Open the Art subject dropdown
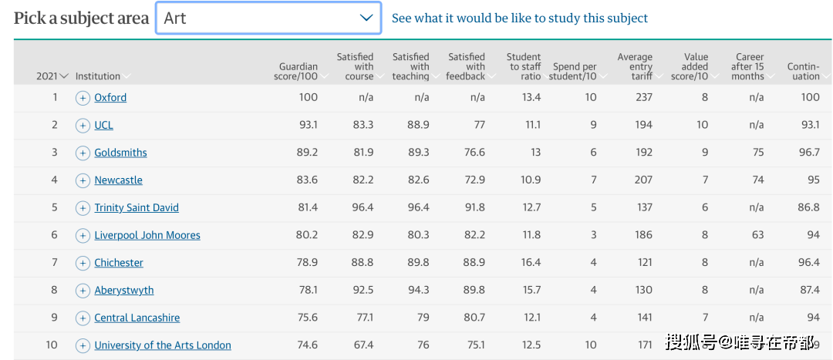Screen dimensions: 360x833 point(268,18)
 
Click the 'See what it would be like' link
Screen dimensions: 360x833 point(519,18)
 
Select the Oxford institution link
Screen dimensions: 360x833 point(110,98)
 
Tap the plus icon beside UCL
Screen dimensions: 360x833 point(83,126)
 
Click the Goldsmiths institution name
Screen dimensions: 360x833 point(120,153)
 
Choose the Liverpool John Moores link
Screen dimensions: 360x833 point(147,235)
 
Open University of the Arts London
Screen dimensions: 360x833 point(163,345)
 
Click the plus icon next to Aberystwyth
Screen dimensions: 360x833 point(83,291)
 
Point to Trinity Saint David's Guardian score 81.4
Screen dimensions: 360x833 point(308,207)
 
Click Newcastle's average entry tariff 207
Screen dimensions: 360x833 point(643,180)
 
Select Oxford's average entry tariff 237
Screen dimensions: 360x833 point(643,97)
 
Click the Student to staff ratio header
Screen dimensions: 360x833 point(524,66)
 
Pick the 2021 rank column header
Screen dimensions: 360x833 point(52,76)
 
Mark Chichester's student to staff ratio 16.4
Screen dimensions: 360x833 point(531,263)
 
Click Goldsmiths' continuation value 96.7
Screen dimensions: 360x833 point(809,153)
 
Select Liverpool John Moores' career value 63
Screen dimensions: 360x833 point(757,235)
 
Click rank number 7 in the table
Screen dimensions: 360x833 point(55,263)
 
